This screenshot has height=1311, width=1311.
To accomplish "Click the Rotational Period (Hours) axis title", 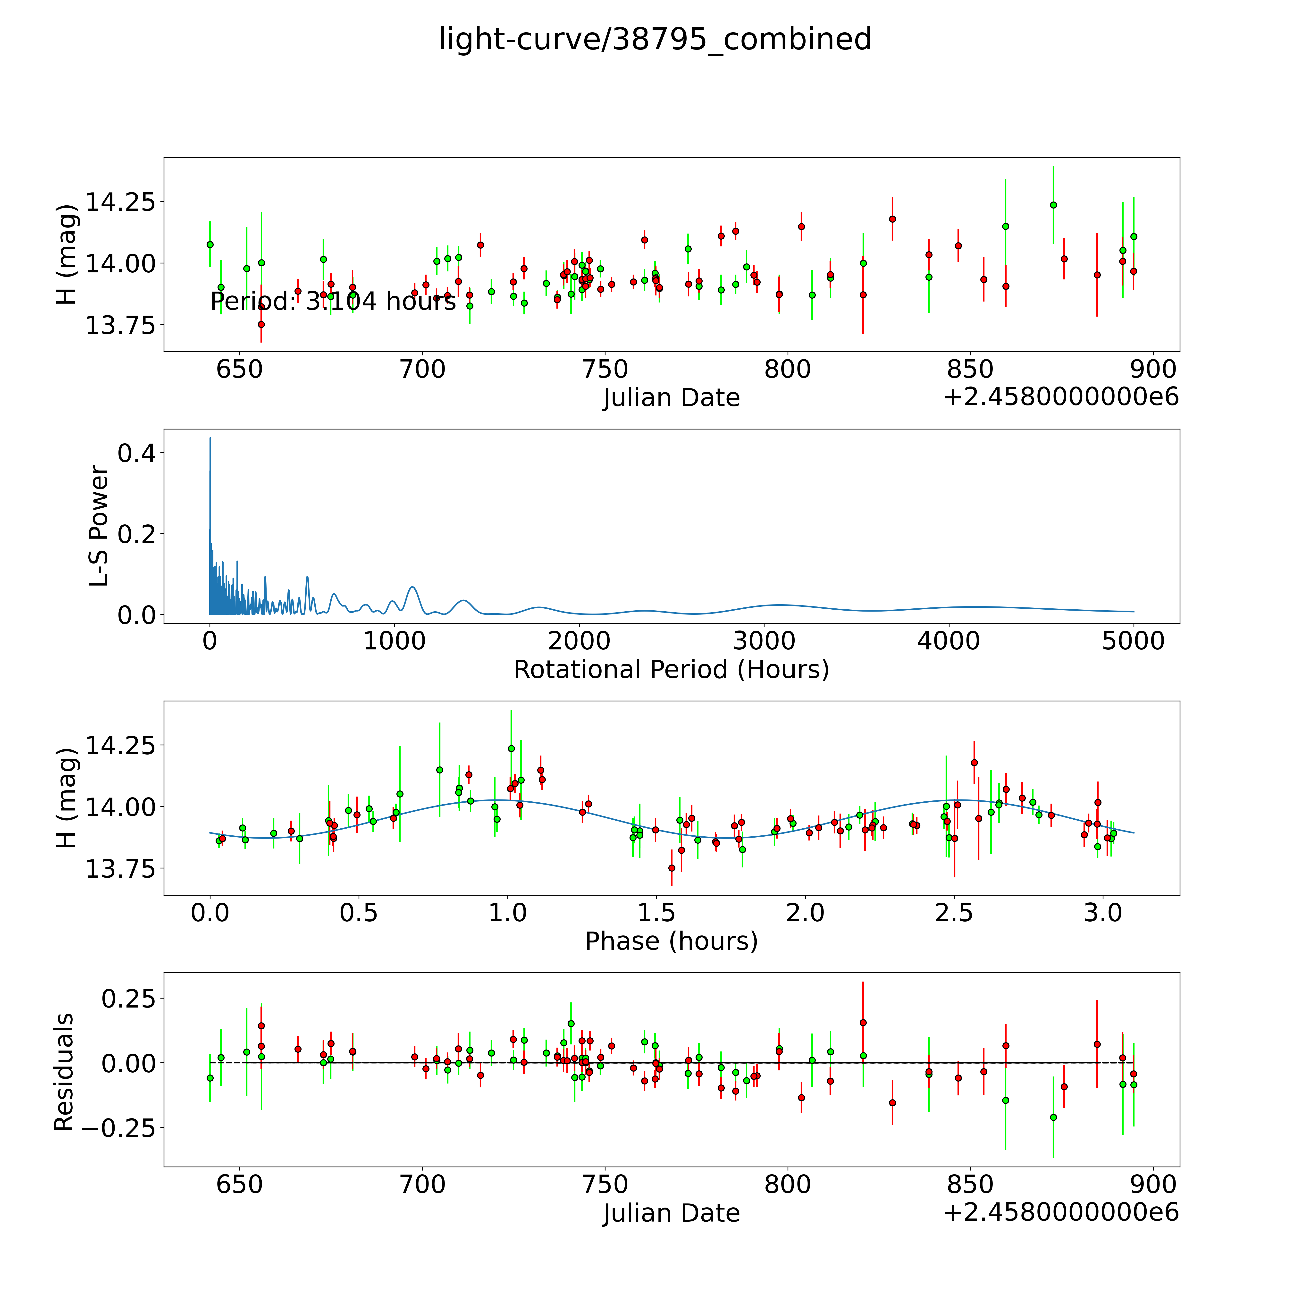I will pos(671,670).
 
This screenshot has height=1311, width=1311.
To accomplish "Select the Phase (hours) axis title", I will pos(671,941).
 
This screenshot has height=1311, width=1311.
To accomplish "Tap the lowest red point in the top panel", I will pos(261,324).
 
